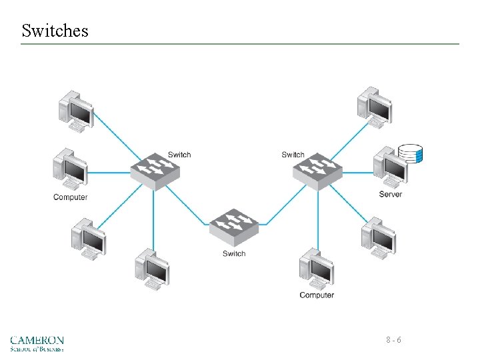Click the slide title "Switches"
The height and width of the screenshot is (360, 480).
(55, 31)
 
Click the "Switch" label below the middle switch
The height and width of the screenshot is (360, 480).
(234, 253)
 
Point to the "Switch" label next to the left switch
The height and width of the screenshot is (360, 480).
(179, 155)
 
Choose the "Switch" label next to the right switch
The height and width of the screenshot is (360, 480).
(293, 155)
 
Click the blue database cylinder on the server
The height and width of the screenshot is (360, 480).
(410, 154)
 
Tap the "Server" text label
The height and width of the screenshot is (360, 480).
(391, 195)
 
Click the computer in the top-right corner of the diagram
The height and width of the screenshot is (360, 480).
(374, 105)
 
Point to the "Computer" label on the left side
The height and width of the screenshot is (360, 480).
(71, 197)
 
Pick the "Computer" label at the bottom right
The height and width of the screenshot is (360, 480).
(317, 295)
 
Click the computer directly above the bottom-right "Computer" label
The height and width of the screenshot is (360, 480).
(317, 269)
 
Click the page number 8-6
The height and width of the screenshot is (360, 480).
(393, 341)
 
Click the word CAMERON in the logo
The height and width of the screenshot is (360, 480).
(37, 340)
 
